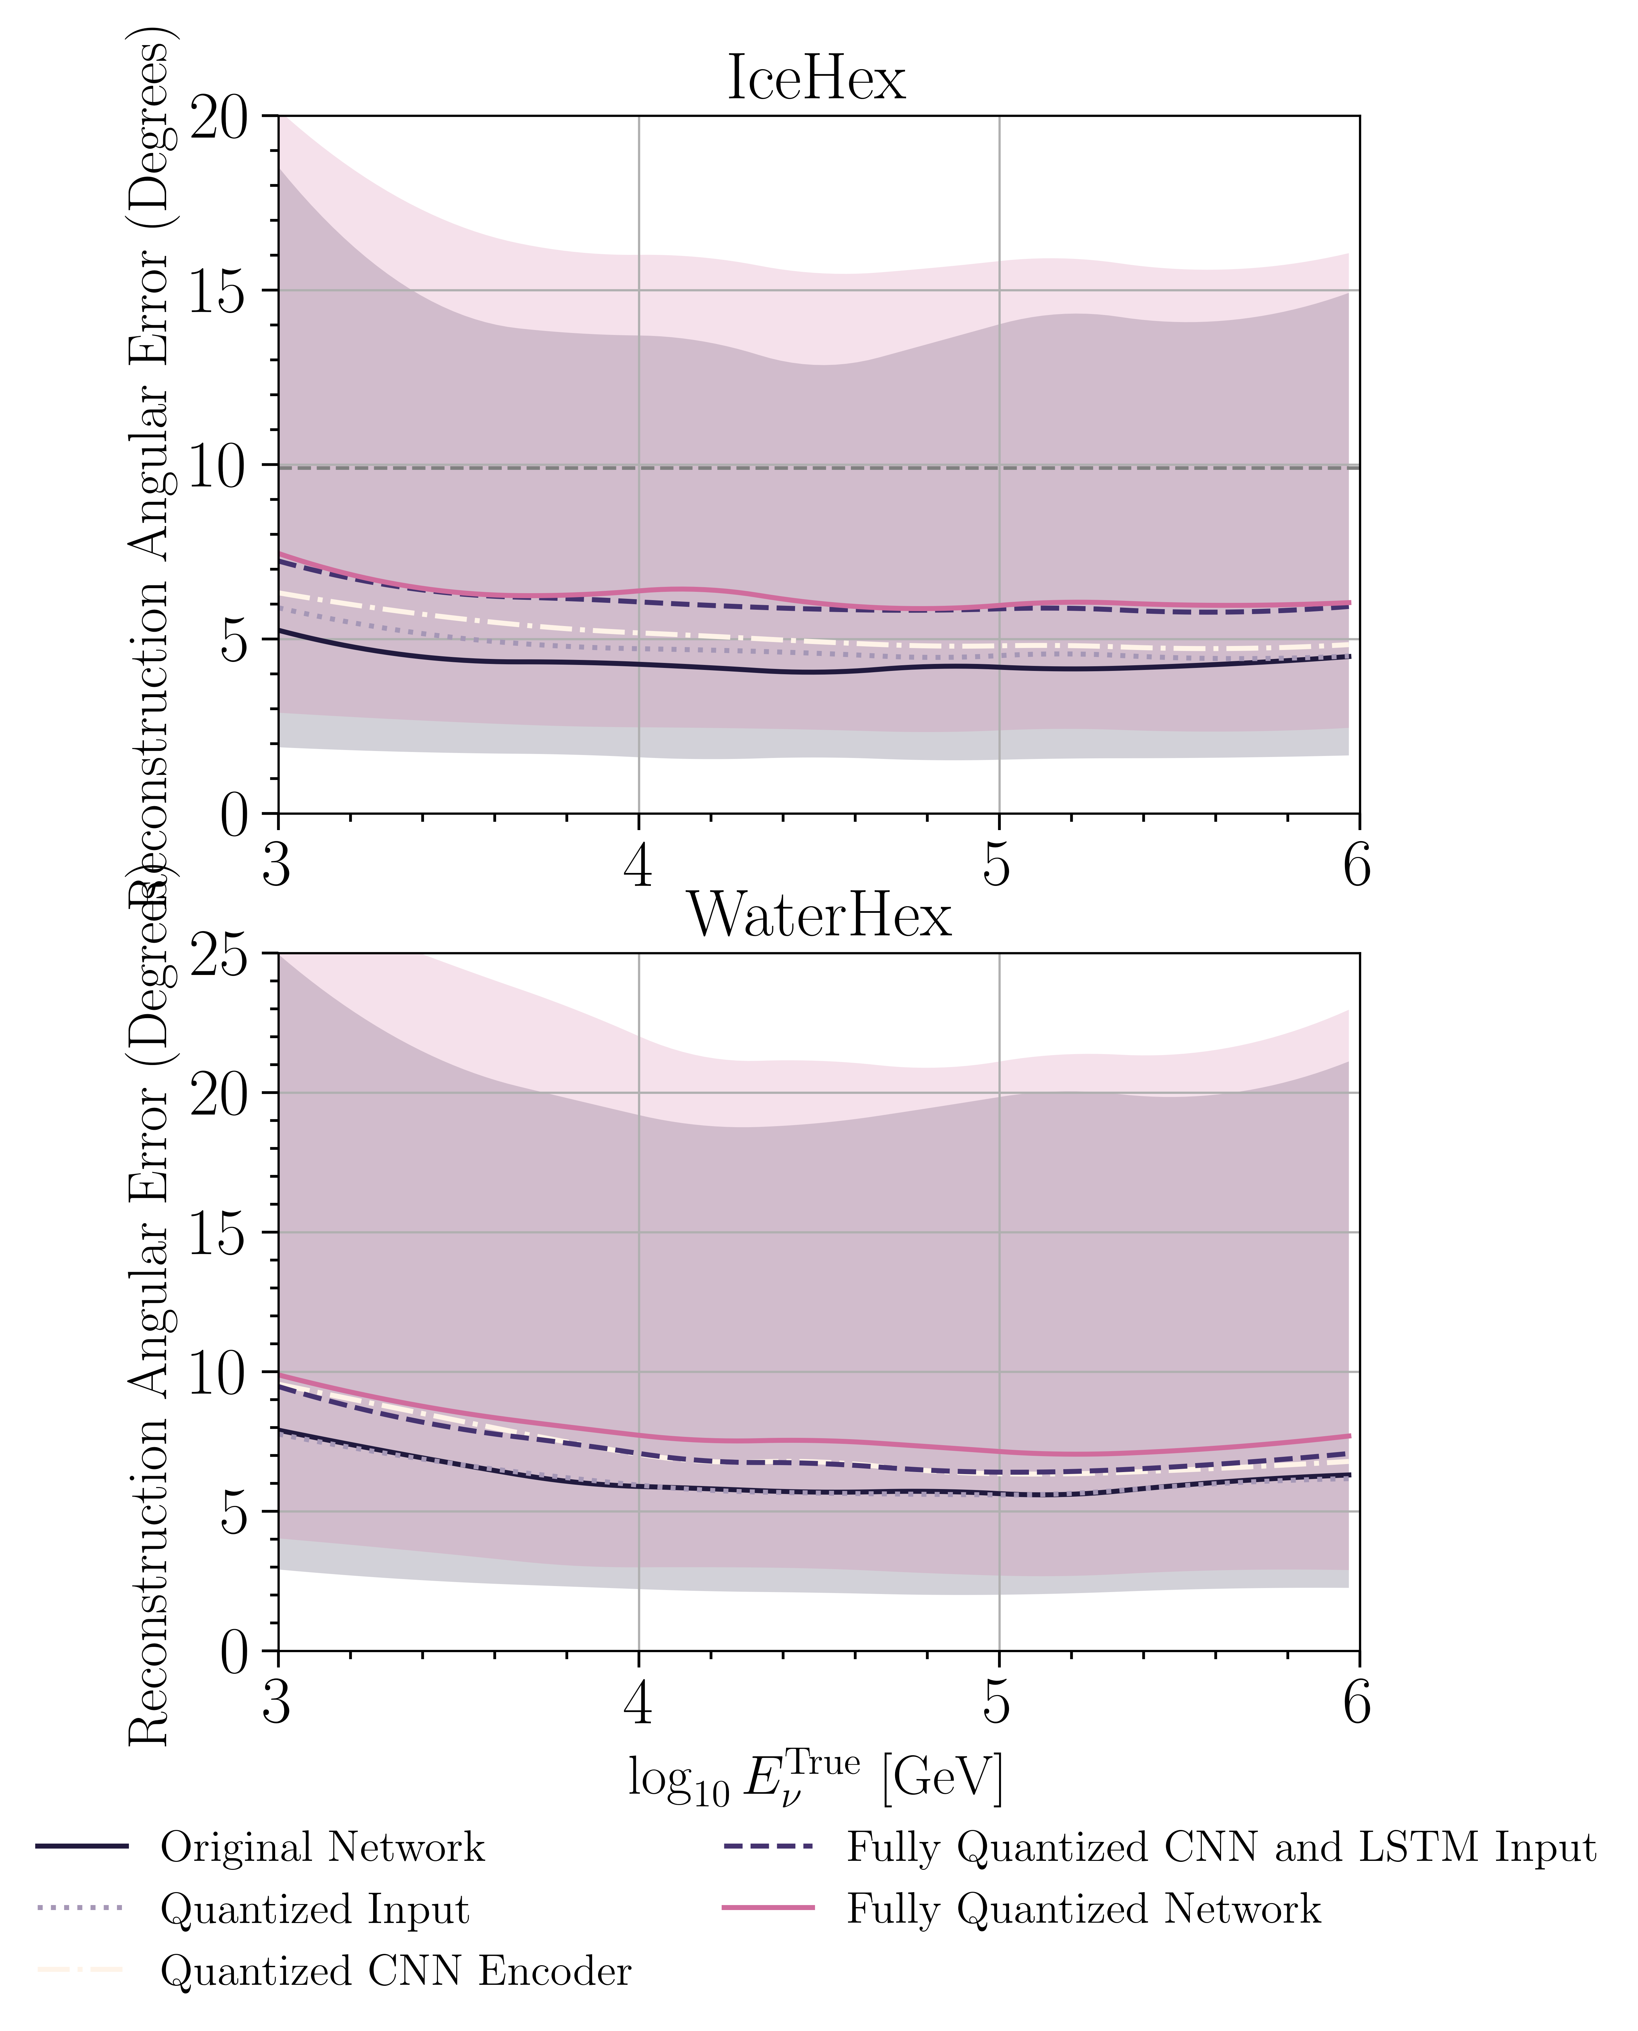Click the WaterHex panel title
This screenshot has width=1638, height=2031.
pos(819,915)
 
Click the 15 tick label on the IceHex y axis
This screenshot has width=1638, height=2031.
pos(219,292)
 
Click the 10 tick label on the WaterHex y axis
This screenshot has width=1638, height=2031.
pos(219,1374)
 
